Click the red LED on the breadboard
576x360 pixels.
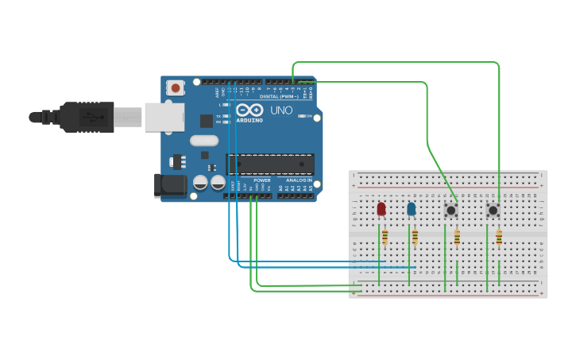[381, 208]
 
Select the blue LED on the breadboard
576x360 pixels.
[411, 209]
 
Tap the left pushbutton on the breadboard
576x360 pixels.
[451, 211]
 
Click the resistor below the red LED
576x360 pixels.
[385, 236]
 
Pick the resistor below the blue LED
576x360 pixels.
[415, 236]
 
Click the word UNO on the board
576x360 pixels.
[281, 110]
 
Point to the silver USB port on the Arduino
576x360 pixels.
[164, 117]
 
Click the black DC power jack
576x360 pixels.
[170, 185]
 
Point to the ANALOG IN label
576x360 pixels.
[299, 180]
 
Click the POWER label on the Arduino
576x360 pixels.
[261, 180]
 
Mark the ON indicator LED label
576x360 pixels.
[308, 116]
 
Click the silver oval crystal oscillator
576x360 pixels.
[204, 141]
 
